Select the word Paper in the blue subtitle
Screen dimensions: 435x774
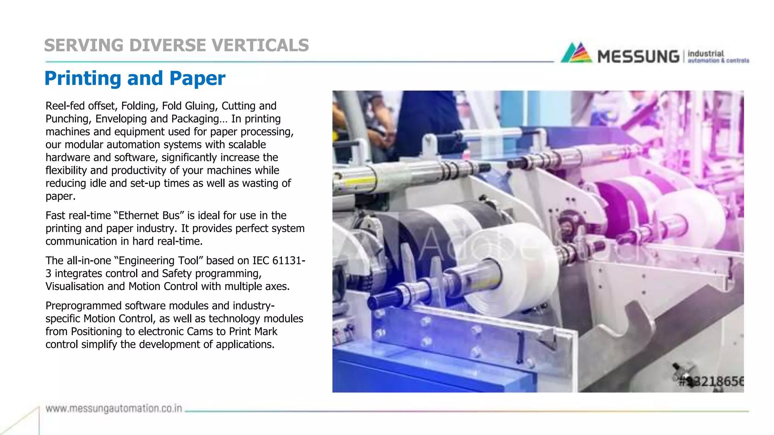[197, 79]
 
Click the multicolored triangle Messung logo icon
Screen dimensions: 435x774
[576, 53]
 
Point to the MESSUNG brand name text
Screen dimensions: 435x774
[638, 57]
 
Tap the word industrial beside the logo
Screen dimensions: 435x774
[706, 54]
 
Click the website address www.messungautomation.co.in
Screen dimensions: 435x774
[114, 409]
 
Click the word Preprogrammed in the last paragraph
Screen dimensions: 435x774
[84, 306]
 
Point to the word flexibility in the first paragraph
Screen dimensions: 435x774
[66, 171]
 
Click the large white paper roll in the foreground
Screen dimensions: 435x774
[510, 272]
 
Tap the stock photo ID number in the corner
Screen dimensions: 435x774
[711, 381]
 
